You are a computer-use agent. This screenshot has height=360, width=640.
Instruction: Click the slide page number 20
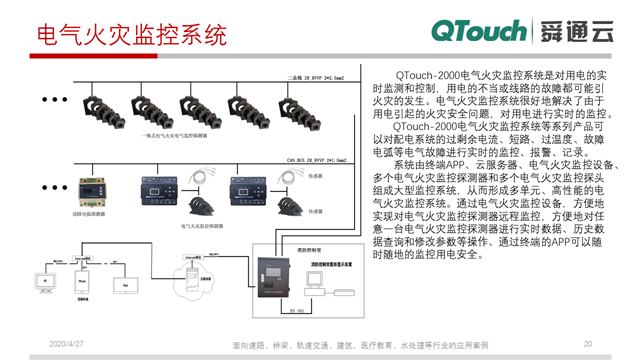coord(588,342)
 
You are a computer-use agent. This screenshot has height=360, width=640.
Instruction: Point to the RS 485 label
coord(296,312)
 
